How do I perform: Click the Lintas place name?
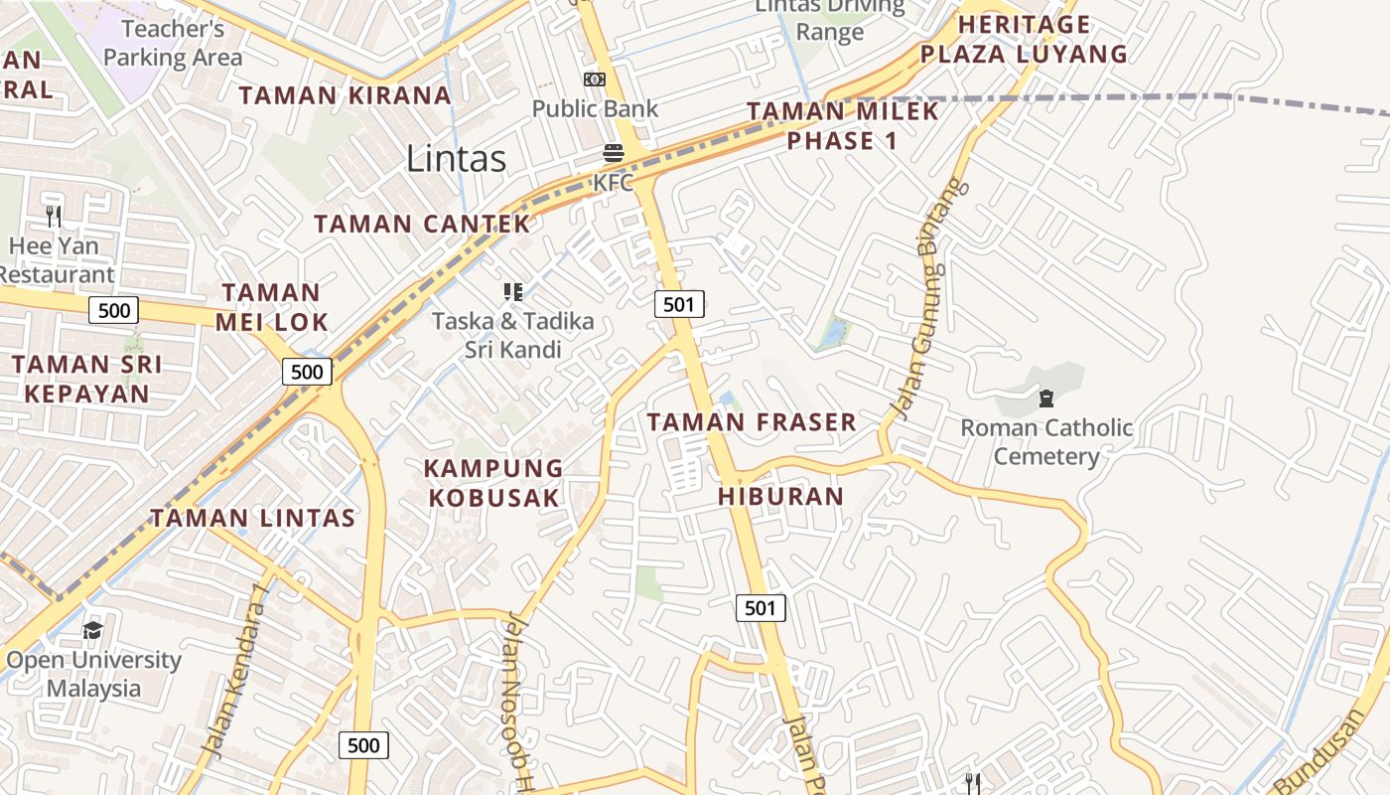coord(457,159)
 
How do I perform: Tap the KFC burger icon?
coord(614,154)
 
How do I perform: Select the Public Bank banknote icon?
coord(595,79)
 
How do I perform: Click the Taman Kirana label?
coord(346,95)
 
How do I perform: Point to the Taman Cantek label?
coord(423,224)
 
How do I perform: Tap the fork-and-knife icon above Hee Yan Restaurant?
coord(54,216)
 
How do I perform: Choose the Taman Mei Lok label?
coord(271,307)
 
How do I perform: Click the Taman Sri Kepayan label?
coord(87,379)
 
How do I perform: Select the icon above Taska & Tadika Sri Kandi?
coord(512,291)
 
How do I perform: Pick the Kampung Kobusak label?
coord(493,483)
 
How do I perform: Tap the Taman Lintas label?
coord(252,518)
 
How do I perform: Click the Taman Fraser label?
coord(752,422)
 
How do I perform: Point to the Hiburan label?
coord(780,496)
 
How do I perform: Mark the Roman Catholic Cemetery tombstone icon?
coord(1045,399)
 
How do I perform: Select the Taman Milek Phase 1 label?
coord(843,126)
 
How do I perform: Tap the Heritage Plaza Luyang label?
coord(1024,39)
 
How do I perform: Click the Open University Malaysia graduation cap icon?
coord(92,630)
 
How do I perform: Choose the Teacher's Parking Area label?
coord(173,44)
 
